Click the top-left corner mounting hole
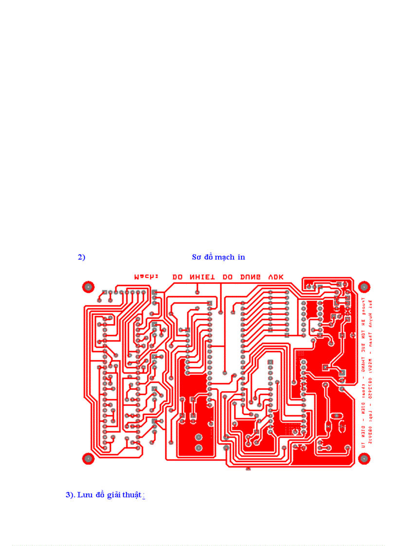click(x=88, y=286)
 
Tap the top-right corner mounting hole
click(x=363, y=286)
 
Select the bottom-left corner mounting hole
click(x=88, y=458)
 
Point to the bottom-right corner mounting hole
click(x=363, y=458)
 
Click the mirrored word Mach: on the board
click(x=146, y=277)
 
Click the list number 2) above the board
click(x=81, y=257)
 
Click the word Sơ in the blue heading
click(x=197, y=257)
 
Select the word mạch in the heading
click(x=224, y=257)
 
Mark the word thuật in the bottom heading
click(x=133, y=495)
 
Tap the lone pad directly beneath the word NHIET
click(x=197, y=292)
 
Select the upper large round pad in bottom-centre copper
click(x=198, y=436)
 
